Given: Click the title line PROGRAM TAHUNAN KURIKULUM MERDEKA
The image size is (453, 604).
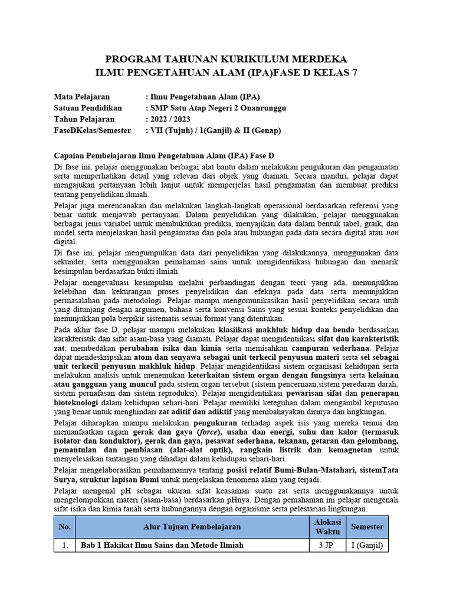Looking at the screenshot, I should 226,60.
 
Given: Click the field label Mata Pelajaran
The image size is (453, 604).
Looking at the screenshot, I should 81,97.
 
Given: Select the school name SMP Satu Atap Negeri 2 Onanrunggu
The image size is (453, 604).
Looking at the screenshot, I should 218,108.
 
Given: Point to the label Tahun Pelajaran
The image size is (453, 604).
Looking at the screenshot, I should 84,119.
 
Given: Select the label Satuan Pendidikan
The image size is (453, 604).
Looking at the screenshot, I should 87,108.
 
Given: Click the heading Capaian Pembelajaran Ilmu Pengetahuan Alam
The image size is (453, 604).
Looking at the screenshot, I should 164,156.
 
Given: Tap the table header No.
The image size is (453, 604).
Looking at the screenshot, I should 64,527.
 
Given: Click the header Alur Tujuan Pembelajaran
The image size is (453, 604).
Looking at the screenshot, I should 192,527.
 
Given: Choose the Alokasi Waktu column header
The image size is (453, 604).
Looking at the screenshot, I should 327,527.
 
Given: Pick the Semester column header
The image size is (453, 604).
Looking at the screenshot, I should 367,527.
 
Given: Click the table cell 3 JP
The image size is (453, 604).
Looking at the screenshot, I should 327,546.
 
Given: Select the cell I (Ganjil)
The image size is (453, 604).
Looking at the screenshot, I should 367,546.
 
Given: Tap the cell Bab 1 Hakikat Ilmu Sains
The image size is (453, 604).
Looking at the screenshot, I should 162,546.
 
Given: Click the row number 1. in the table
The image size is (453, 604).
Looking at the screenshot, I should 64,546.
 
